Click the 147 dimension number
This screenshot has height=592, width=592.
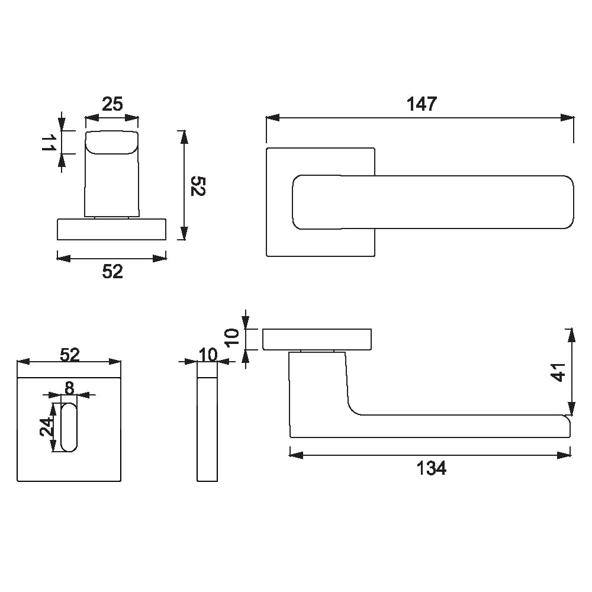(422, 104)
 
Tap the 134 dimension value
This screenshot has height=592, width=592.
(431, 468)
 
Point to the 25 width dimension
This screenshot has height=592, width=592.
(112, 104)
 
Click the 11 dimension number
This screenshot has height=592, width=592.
(49, 142)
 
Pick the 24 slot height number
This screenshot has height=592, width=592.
(47, 427)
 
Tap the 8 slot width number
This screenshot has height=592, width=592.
(69, 388)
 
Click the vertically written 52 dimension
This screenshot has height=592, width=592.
(198, 185)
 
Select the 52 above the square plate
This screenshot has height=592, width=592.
(70, 355)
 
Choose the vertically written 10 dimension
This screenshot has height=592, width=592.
(231, 337)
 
